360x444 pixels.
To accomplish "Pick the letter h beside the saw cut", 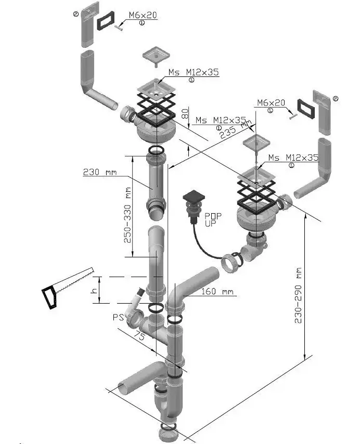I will point(94,292).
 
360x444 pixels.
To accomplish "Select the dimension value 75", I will point(140,335).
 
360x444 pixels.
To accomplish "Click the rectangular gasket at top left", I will point(108,19).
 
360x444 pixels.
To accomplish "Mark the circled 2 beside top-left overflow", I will point(75,15).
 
